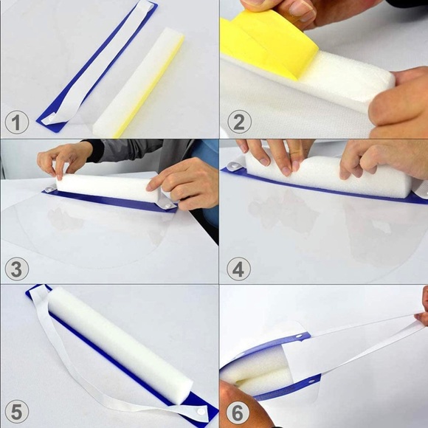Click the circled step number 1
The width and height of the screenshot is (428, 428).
(x=17, y=122)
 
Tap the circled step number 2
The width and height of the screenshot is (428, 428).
(x=239, y=122)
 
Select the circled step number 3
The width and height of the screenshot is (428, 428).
(x=17, y=269)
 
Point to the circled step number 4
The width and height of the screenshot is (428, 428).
(x=238, y=269)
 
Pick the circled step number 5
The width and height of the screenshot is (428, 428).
(x=17, y=412)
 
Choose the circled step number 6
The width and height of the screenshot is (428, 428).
(x=237, y=413)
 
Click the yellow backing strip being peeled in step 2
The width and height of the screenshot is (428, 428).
(x=267, y=44)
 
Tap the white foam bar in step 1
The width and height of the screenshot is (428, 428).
(x=138, y=82)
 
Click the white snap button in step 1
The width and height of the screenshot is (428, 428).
(x=52, y=119)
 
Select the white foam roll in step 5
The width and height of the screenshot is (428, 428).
(x=120, y=345)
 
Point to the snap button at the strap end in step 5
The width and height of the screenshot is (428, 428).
(x=201, y=412)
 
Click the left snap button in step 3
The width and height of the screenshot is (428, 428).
(x=49, y=189)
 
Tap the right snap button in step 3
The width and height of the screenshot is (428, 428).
(x=167, y=205)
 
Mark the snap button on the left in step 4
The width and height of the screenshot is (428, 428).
(x=233, y=165)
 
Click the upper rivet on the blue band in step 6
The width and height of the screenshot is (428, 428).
(x=300, y=336)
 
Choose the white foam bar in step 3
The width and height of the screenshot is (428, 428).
(x=107, y=187)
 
